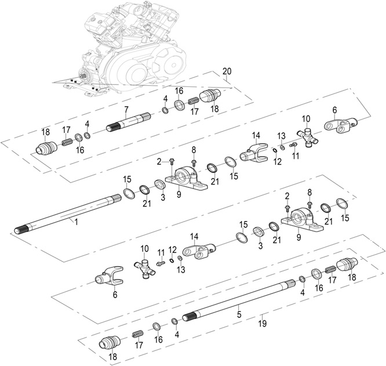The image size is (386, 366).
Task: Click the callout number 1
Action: [75, 221]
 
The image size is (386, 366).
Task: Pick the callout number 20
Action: [227, 71]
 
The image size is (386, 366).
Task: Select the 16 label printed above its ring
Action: [179, 91]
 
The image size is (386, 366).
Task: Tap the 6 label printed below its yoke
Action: [114, 295]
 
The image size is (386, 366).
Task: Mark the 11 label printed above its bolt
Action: [161, 251]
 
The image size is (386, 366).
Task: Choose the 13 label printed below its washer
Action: [181, 269]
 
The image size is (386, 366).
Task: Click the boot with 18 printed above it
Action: [47, 148]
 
